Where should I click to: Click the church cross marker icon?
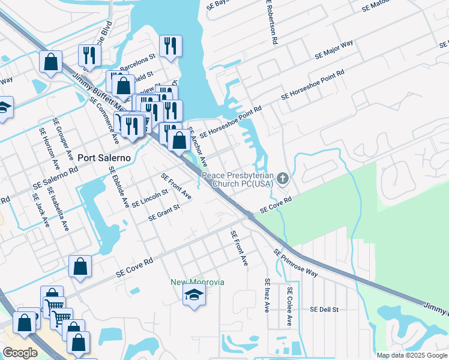click(283, 178)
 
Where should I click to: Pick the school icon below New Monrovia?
click(194, 295)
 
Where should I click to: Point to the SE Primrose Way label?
click(295, 263)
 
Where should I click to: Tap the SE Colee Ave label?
click(289, 306)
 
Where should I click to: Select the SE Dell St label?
click(325, 310)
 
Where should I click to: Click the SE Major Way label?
click(334, 50)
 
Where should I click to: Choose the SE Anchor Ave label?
click(197, 146)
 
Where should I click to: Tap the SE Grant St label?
click(164, 212)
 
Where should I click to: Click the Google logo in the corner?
click(20, 353)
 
